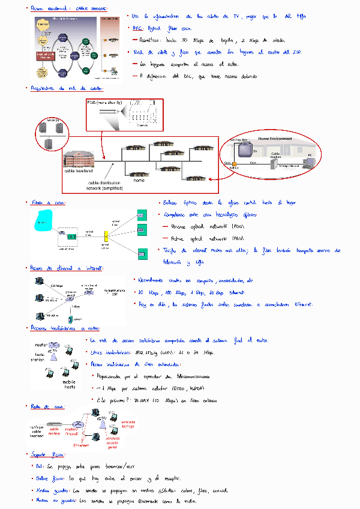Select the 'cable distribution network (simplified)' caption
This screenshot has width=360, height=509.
pos(105,185)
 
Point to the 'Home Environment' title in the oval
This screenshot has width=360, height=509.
pos(275,139)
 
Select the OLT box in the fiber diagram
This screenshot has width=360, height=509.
pos(71,237)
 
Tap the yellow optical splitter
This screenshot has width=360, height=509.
pos(106,236)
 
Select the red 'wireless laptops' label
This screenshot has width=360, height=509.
pos(129,424)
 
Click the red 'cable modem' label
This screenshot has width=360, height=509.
pos(55,431)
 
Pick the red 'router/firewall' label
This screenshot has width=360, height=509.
pos(72,431)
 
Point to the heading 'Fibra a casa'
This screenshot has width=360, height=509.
pos(49,203)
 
